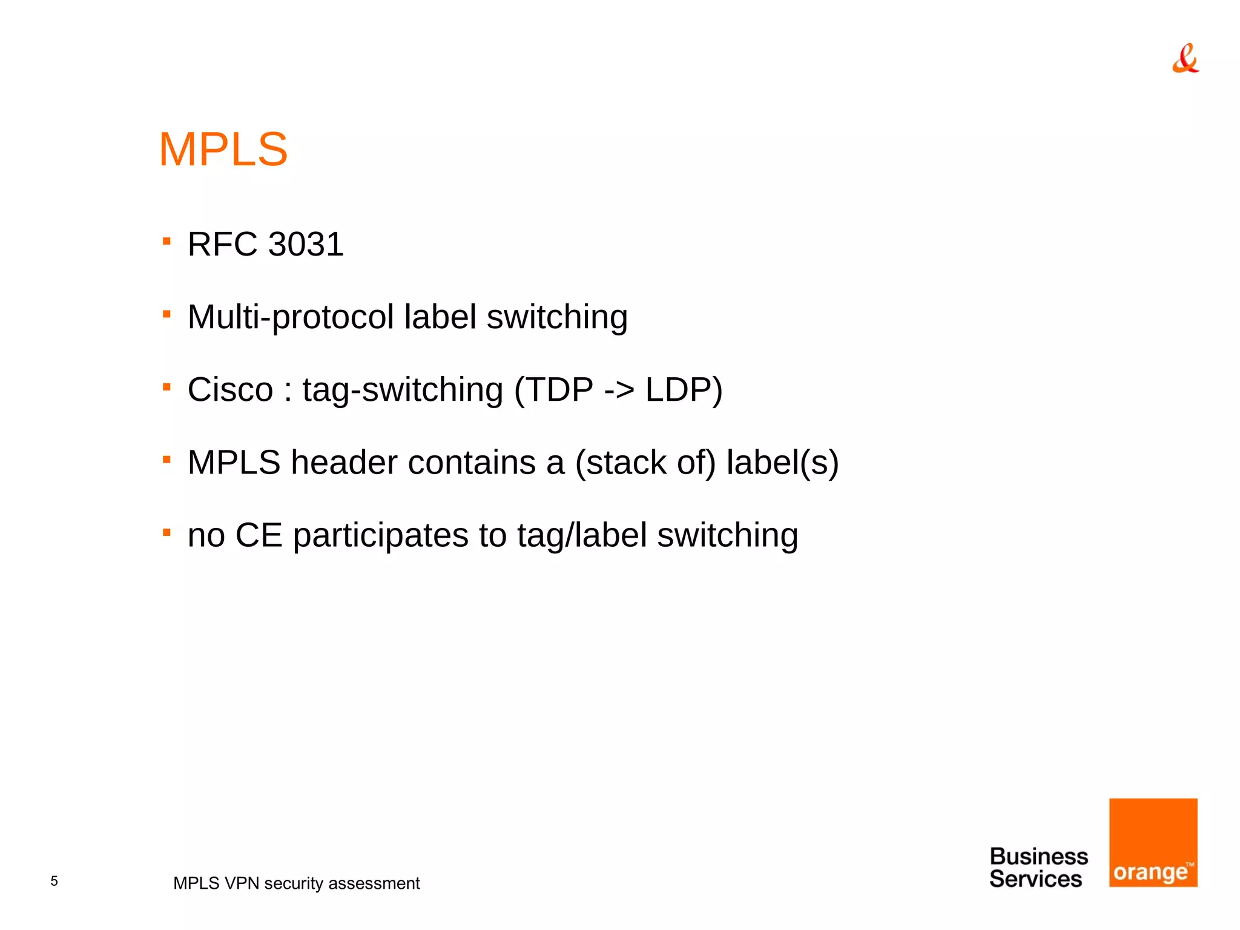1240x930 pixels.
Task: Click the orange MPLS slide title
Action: (x=223, y=150)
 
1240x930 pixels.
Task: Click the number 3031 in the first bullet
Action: (x=305, y=245)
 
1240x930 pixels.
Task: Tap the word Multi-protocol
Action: (x=291, y=317)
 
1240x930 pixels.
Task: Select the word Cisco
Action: (x=230, y=390)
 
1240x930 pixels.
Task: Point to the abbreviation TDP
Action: (x=561, y=390)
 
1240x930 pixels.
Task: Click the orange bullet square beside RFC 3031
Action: (x=167, y=242)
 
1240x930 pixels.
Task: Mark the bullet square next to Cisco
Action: (x=167, y=387)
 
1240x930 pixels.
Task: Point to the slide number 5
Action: (x=54, y=881)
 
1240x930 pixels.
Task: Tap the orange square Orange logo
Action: (x=1153, y=842)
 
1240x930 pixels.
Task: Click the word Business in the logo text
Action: (x=1038, y=857)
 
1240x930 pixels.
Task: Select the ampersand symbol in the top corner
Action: (x=1185, y=59)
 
